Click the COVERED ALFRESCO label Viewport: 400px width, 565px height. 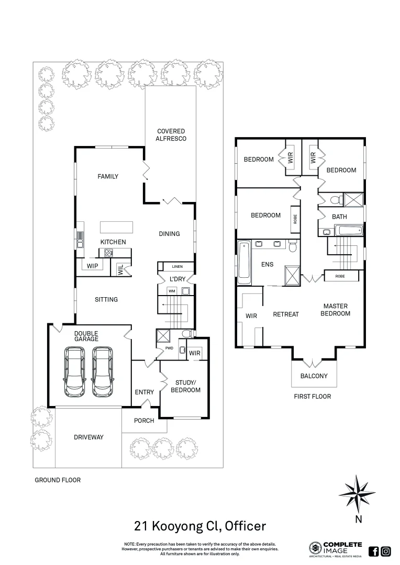coord(171,134)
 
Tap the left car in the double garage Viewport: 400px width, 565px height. coord(74,372)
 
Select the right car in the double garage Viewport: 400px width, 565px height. coord(103,372)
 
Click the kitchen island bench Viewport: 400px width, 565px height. coord(116,228)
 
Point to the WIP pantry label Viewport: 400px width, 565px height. coord(93,266)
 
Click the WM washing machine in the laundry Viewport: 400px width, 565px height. coord(171,290)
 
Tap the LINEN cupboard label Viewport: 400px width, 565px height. coord(176,266)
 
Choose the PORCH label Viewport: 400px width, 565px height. coord(144,420)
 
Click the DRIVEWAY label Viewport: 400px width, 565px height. coord(88,437)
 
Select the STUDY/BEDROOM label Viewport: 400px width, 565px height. coord(185,386)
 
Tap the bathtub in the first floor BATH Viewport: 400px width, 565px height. coord(348,230)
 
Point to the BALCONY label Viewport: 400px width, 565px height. coord(314,376)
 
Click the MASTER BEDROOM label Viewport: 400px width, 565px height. coord(336,310)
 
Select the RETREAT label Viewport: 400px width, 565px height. coord(286,314)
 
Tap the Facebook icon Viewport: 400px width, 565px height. coord(374,551)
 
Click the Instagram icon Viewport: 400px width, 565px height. coord(386,551)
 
